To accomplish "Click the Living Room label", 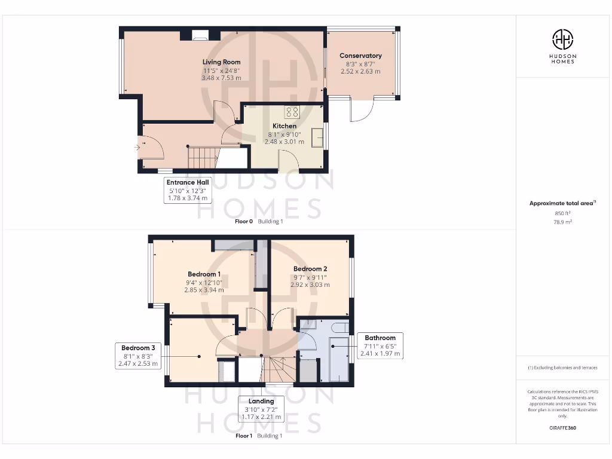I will pos(221,62).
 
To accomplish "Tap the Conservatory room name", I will pos(360,56).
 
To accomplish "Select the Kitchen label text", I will pos(284,126).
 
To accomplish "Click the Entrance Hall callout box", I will pos(188,190).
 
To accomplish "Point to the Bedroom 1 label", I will pos(204,274).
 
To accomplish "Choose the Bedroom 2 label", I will pos(310,269).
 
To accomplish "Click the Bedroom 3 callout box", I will pos(138,356).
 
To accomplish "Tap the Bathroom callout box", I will pos(380,345).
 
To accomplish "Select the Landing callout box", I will pos(261,409).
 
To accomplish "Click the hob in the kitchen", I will pos(292,112).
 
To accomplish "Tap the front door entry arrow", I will pos(139,146).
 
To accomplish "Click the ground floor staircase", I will pos(203,158).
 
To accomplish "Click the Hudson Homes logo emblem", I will pos(562,40).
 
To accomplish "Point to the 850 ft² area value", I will pos(562,213).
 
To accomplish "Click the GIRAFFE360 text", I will pos(562,428).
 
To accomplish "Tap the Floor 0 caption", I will pos(244,221).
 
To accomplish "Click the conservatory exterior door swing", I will pos(362,111).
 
